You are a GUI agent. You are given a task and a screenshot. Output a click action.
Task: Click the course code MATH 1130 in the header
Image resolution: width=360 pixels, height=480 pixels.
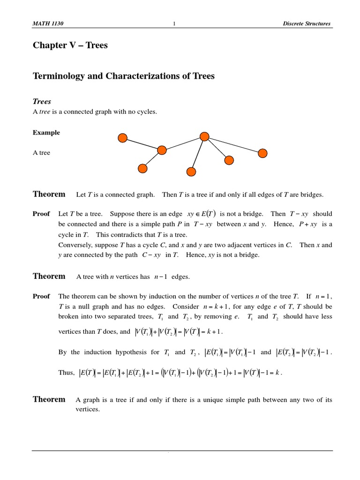pyautogui.click(x=47, y=24)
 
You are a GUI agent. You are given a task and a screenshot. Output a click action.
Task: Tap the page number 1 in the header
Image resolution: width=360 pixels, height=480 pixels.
pyautogui.click(x=174, y=24)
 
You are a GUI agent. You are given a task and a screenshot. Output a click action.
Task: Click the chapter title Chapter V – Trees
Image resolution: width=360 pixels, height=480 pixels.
pyautogui.click(x=70, y=45)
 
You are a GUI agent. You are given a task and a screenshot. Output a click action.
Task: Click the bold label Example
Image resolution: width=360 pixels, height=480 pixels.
pyautogui.click(x=46, y=133)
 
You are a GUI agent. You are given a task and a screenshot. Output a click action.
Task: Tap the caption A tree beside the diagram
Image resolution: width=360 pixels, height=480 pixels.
pyautogui.click(x=41, y=153)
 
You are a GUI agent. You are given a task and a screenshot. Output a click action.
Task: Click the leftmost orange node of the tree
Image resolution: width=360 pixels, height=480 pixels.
pyautogui.click(x=122, y=138)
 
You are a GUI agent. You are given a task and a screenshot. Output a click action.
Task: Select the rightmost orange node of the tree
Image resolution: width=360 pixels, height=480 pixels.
pyautogui.click(x=263, y=153)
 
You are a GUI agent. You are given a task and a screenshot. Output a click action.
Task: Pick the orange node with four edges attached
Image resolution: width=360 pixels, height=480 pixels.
pyautogui.click(x=204, y=136)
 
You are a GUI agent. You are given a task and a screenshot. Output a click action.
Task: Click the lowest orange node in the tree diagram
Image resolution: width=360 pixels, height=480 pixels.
pyautogui.click(x=191, y=172)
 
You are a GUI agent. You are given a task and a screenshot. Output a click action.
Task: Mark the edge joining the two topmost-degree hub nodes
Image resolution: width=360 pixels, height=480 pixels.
pyautogui.click(x=183, y=143)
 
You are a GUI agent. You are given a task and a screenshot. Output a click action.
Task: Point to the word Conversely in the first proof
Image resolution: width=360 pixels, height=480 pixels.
pyautogui.click(x=74, y=245)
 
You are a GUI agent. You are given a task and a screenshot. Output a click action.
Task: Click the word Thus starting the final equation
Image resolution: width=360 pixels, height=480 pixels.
pyautogui.click(x=66, y=373)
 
